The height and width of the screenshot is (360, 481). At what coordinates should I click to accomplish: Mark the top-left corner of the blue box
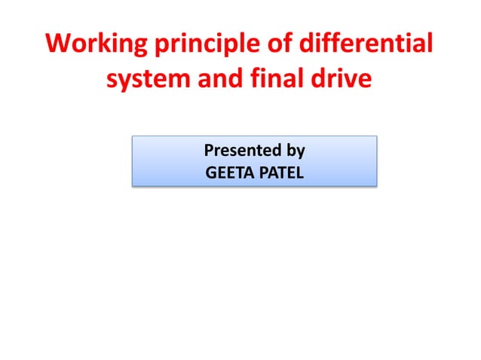[x=133, y=136]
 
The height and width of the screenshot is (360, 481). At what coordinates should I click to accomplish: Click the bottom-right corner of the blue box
[x=375, y=185]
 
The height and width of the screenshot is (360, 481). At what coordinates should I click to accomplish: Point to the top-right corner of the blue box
[x=375, y=136]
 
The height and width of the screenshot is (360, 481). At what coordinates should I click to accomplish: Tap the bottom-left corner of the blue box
[x=133, y=185]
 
